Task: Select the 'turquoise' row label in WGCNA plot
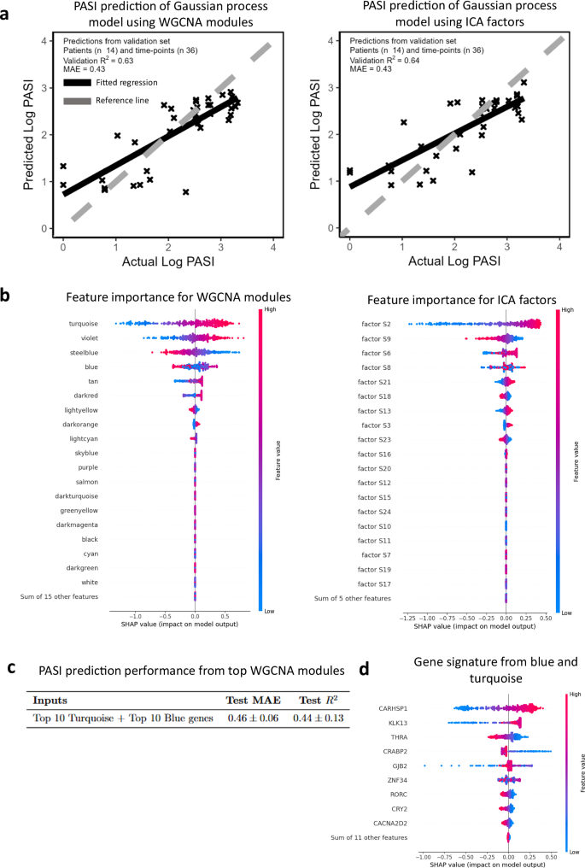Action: [84, 324]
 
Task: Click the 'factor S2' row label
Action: [373, 324]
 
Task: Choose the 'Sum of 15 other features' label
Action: [67, 596]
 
